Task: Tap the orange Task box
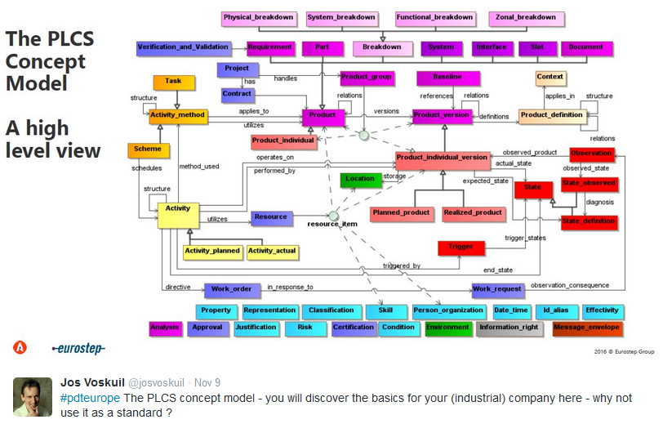point(172,82)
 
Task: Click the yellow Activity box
point(178,209)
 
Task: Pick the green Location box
point(359,179)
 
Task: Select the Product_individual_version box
point(442,157)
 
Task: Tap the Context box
point(550,78)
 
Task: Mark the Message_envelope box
point(586,328)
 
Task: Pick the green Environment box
point(447,328)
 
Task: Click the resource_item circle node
point(333,215)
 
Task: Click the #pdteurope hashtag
point(91,397)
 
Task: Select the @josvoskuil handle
point(159,382)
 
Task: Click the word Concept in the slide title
point(46,61)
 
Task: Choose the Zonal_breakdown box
point(525,17)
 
